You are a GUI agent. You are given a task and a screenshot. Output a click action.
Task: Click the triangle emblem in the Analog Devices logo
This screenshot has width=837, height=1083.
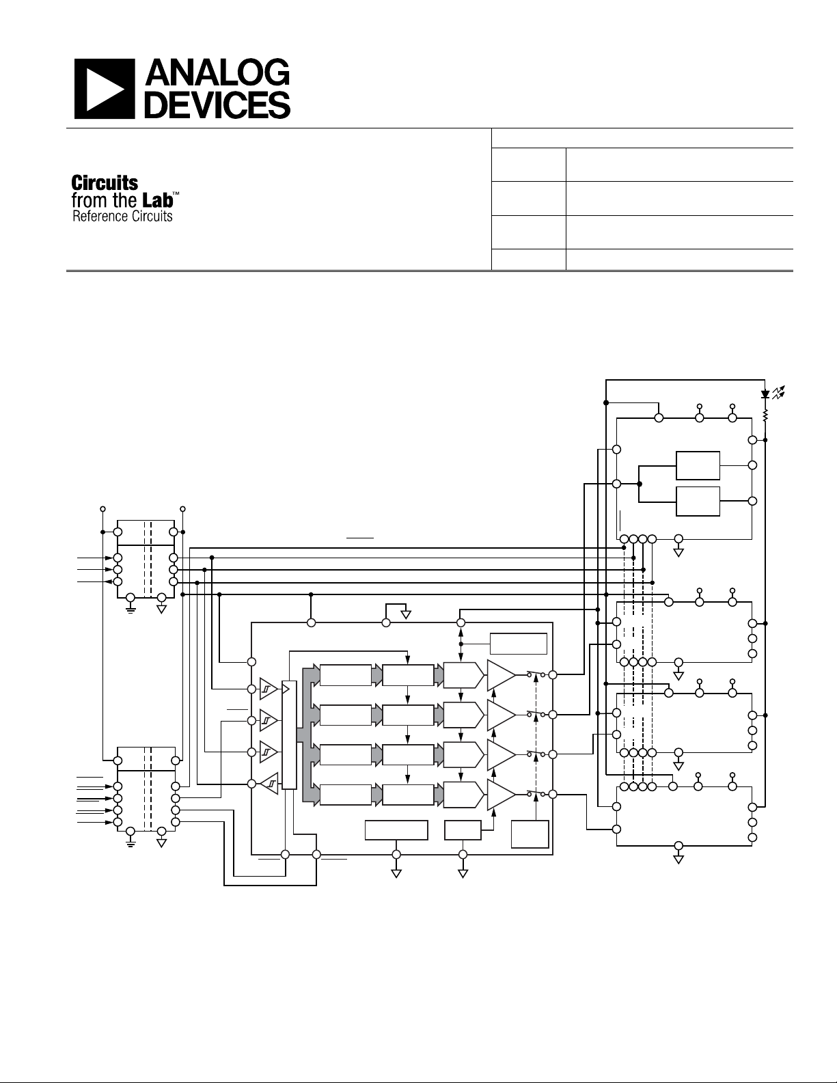point(104,88)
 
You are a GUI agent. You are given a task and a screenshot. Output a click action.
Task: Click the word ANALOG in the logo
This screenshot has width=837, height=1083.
point(219,74)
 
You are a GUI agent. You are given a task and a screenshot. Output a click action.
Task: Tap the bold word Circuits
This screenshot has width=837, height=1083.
point(105,183)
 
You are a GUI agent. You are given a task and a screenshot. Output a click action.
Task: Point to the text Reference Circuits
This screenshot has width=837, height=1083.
point(122,217)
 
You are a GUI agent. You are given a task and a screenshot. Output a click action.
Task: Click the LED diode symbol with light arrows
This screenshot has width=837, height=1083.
point(766,394)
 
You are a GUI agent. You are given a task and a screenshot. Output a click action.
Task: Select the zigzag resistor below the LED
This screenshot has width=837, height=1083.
point(765,414)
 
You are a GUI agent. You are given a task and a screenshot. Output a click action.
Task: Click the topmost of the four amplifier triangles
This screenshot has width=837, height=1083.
point(500,675)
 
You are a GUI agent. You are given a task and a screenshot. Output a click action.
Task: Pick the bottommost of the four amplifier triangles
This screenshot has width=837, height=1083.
point(500,794)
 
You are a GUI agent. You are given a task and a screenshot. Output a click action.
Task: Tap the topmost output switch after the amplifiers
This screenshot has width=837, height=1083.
point(536,675)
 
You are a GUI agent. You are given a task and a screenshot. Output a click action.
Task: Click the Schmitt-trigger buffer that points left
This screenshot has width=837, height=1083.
point(268,782)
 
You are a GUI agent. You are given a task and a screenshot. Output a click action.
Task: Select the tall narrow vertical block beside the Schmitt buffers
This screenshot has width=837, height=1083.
point(290,735)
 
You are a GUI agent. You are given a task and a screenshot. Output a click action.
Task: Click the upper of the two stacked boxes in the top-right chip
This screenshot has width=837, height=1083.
point(697,465)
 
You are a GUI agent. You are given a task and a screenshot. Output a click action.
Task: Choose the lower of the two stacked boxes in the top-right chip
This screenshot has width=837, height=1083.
point(697,502)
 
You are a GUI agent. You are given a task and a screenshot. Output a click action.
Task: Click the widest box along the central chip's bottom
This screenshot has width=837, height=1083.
point(396,830)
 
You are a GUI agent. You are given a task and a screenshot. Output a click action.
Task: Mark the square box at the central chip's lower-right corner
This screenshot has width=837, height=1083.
point(530,834)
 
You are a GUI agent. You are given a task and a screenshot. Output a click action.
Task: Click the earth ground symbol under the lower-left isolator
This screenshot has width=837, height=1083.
point(131,839)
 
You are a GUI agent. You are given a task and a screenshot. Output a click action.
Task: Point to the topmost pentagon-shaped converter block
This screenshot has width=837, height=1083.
point(463,675)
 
